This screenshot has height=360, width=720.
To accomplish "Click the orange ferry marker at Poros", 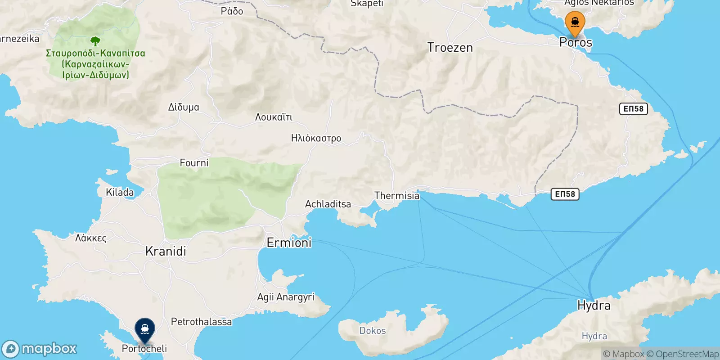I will click(575, 23).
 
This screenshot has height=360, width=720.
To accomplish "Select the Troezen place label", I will click(450, 47).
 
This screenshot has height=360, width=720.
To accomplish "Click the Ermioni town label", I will click(289, 243).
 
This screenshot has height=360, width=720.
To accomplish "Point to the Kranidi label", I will click(166, 251).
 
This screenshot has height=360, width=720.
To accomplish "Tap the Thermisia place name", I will click(396, 195).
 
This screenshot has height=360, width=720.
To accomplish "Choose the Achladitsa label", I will click(328, 204).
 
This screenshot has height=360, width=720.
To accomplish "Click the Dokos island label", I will click(372, 330).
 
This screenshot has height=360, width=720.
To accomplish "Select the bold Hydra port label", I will click(594, 306).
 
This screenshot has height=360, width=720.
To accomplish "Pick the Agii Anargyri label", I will click(285, 297).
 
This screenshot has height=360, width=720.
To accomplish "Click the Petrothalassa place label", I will click(201, 322).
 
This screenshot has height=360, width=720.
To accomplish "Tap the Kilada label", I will click(120, 192).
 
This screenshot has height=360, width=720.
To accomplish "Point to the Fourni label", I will click(194, 163).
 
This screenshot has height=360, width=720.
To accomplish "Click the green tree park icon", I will click(95, 42).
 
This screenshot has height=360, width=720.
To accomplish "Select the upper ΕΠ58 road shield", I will click(633, 108).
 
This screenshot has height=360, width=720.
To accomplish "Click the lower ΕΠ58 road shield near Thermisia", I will click(565, 194).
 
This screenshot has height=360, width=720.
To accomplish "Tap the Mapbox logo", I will click(40, 349).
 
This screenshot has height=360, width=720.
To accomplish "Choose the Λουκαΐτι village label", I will click(274, 117).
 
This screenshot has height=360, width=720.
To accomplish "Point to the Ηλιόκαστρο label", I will click(316, 138).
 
